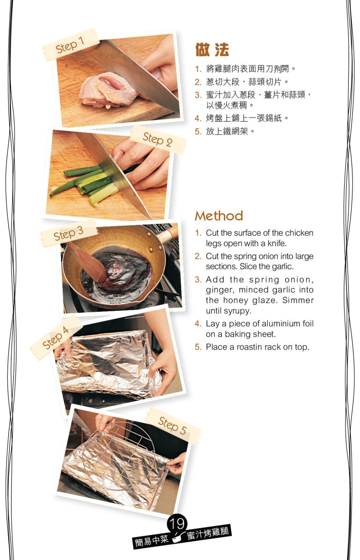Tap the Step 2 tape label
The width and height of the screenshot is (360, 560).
pos(158,139)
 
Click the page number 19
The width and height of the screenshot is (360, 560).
pos(177,523)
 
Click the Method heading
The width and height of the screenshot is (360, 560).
pos(219,216)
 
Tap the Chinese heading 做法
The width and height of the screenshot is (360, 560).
pos(212,50)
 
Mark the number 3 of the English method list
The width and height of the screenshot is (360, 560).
pos(198,280)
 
